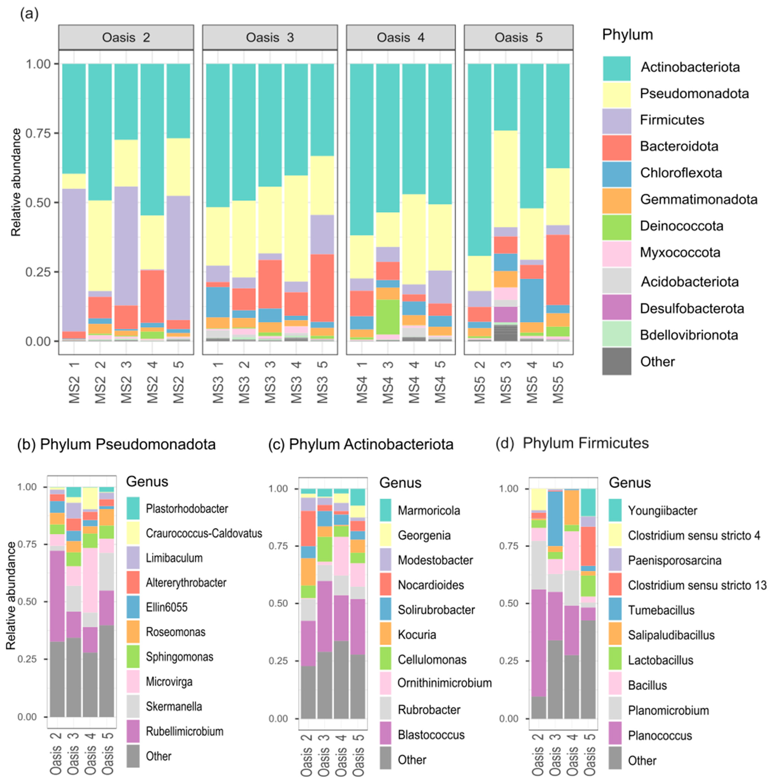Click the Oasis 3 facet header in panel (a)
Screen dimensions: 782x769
click(270, 38)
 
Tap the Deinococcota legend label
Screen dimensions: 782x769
click(681, 226)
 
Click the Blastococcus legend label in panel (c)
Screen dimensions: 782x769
click(431, 735)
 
